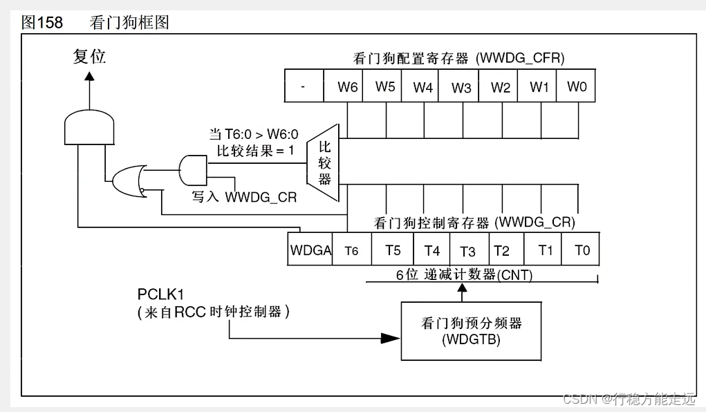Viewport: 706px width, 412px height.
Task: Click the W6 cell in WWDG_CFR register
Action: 348,88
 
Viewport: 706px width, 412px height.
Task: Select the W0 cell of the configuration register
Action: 577,88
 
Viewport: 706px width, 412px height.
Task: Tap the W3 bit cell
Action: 461,88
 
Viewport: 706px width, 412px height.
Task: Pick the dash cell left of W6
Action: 304,88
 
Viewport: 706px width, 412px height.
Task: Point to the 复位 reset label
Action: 89,57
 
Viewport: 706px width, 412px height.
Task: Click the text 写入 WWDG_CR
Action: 244,197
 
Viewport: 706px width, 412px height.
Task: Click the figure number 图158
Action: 42,23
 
